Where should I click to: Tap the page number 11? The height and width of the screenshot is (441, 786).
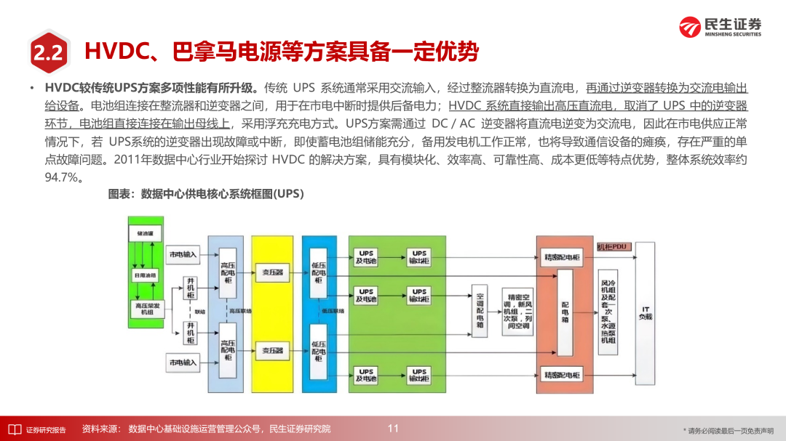(393, 429)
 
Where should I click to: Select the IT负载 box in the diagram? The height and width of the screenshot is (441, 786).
(645, 314)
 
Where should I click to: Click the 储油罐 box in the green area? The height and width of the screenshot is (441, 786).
(143, 234)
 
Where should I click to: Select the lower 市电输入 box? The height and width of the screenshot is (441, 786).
(183, 362)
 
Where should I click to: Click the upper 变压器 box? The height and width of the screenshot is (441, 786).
(272, 272)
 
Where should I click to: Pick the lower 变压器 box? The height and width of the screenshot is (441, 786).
(272, 350)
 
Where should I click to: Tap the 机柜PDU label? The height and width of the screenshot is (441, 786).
(612, 248)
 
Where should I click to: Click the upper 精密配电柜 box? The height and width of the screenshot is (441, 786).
(561, 256)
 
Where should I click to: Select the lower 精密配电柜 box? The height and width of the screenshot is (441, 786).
(561, 375)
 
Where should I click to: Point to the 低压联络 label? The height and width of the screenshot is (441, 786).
(332, 311)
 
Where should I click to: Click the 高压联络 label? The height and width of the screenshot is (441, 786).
(239, 311)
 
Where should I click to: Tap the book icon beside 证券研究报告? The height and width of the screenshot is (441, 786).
(13, 429)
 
